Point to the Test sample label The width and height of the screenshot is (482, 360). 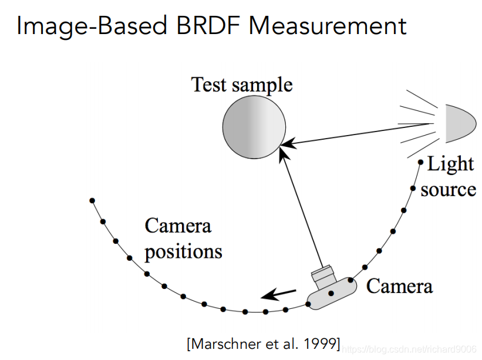coord(242,85)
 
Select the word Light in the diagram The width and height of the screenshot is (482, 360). coord(450,164)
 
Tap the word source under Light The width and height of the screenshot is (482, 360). coord(448,189)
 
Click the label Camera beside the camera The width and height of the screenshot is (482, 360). coord(399,286)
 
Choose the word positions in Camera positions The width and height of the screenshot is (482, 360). coord(184,251)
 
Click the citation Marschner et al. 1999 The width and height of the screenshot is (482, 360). coord(263,344)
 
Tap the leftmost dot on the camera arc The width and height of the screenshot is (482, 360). coord(92,201)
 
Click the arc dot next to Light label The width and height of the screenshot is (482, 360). coord(420,162)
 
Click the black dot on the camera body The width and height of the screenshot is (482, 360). coord(331,292)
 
